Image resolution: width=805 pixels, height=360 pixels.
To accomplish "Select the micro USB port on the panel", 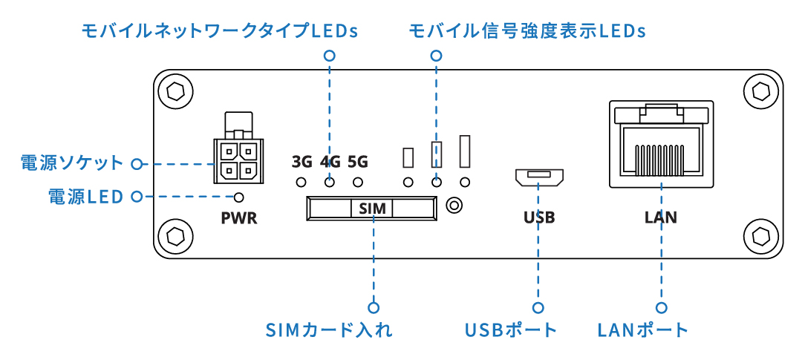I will [539, 177].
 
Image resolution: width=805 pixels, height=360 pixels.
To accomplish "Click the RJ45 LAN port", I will [661, 145].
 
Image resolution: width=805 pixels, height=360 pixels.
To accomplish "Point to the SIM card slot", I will [371, 209].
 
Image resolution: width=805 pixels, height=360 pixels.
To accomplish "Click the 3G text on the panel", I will [302, 161].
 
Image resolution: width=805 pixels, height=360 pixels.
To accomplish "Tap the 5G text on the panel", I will [358, 161].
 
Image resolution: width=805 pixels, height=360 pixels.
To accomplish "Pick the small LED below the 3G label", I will [302, 182].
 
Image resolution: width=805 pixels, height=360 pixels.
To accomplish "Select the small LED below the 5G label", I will [358, 182].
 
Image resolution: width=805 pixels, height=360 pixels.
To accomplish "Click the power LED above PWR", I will [239, 197].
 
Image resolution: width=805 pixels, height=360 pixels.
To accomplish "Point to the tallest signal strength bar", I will [466, 151].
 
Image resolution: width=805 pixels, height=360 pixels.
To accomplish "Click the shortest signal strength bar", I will [408, 157].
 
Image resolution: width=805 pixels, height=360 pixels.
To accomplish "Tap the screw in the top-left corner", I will [176, 92].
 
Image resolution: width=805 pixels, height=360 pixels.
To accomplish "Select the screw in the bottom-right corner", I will [760, 236].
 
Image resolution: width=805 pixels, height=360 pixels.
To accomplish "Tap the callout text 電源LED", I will [85, 197].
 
